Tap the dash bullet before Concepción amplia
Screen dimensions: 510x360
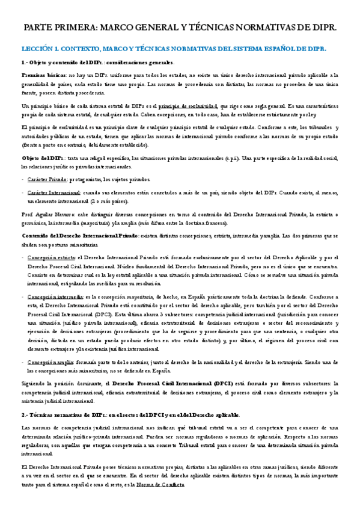[22, 362]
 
